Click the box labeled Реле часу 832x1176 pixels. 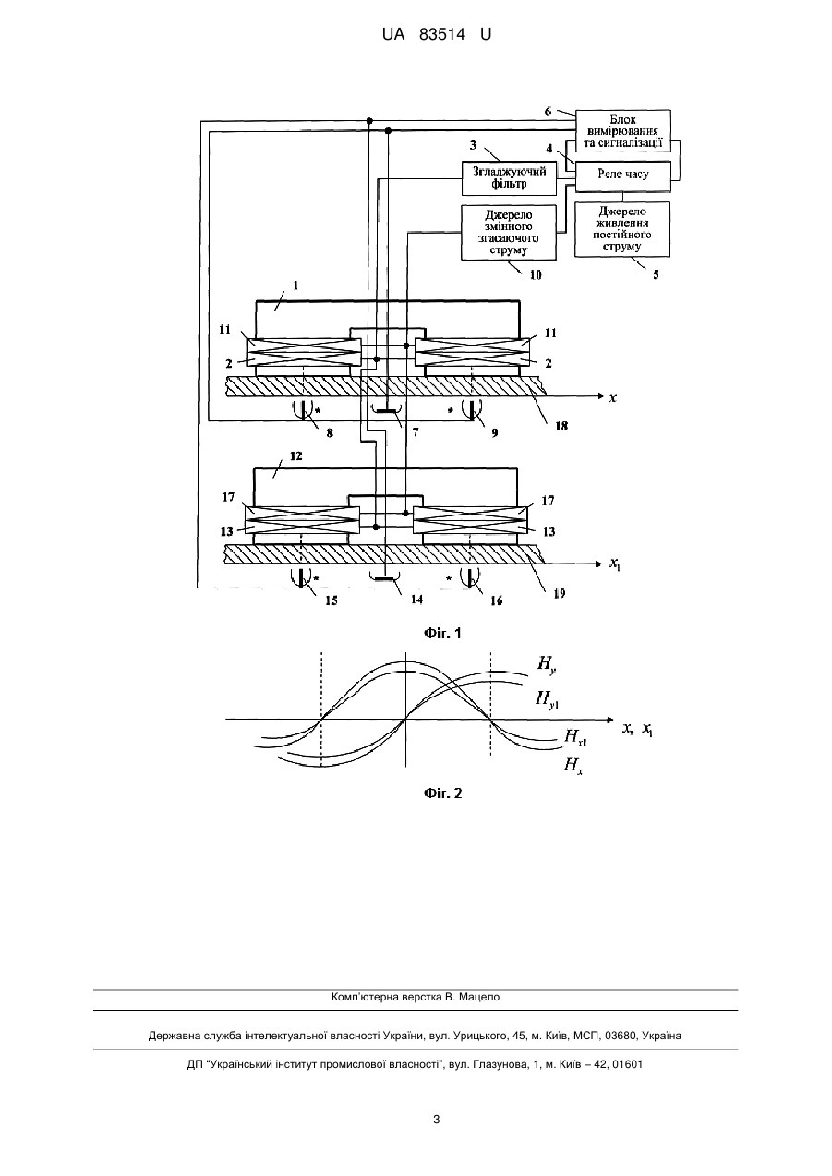pyautogui.click(x=623, y=176)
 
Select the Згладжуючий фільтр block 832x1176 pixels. pyautogui.click(x=509, y=178)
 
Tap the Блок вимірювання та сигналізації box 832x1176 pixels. pyautogui.click(x=623, y=131)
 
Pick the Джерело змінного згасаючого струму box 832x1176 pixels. pyautogui.click(x=509, y=232)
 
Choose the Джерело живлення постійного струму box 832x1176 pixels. pyautogui.click(x=622, y=229)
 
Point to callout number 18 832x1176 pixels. pyautogui.click(x=561, y=426)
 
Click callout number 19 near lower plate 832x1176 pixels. pyautogui.click(x=560, y=593)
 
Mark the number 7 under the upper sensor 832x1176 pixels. pyautogui.click(x=416, y=432)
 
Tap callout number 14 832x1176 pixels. pyautogui.click(x=416, y=600)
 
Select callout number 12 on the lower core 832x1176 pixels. pyautogui.click(x=296, y=455)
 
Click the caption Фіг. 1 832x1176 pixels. pyautogui.click(x=442, y=634)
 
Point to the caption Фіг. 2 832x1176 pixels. pyautogui.click(x=442, y=794)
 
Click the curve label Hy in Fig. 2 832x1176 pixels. pyautogui.click(x=547, y=664)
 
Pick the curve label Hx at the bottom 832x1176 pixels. pyautogui.click(x=573, y=765)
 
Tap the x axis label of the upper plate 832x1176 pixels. pyautogui.click(x=612, y=397)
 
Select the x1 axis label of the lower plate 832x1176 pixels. pyautogui.click(x=615, y=564)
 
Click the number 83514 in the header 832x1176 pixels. pyautogui.click(x=442, y=35)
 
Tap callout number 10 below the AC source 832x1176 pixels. pyautogui.click(x=535, y=274)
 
